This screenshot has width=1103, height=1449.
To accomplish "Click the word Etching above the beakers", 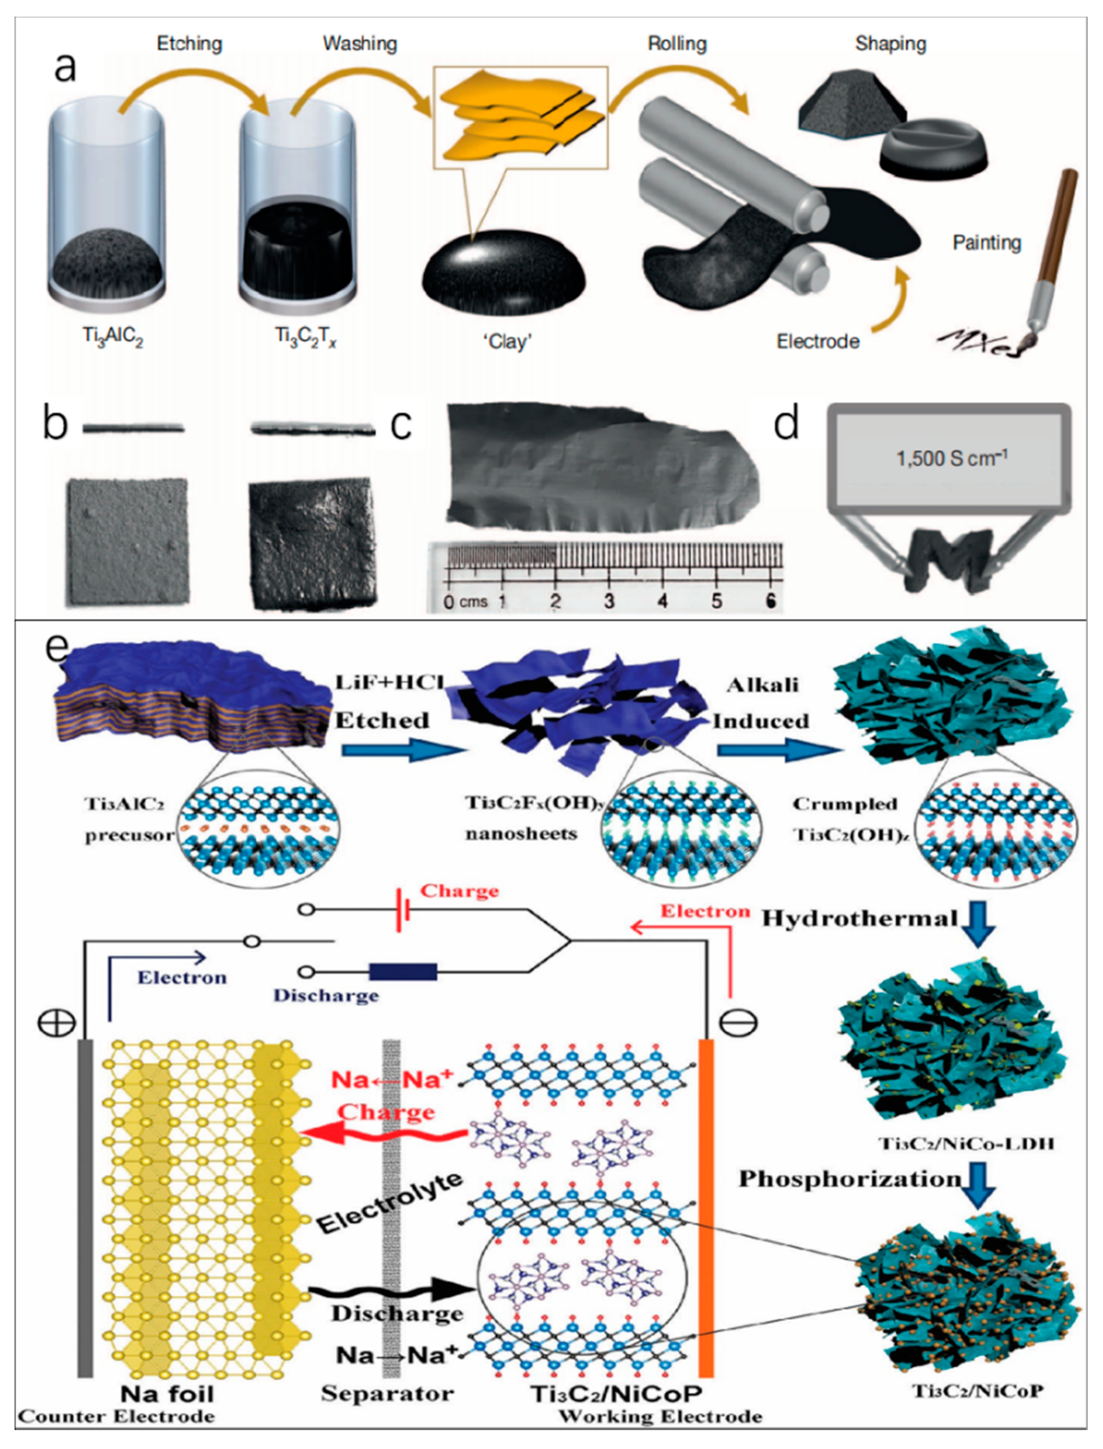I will [189, 44].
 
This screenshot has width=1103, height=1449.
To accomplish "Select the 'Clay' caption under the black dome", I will [508, 342].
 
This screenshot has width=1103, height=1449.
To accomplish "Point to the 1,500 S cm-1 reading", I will [951, 458].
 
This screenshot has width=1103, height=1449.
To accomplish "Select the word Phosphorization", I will [849, 1179].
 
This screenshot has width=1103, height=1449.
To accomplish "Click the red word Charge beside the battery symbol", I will [459, 891].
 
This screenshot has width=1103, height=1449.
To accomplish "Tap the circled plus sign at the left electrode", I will [57, 1023].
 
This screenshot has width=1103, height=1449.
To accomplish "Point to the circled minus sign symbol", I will [738, 1023].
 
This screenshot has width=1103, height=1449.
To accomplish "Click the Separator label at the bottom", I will [388, 1393].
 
